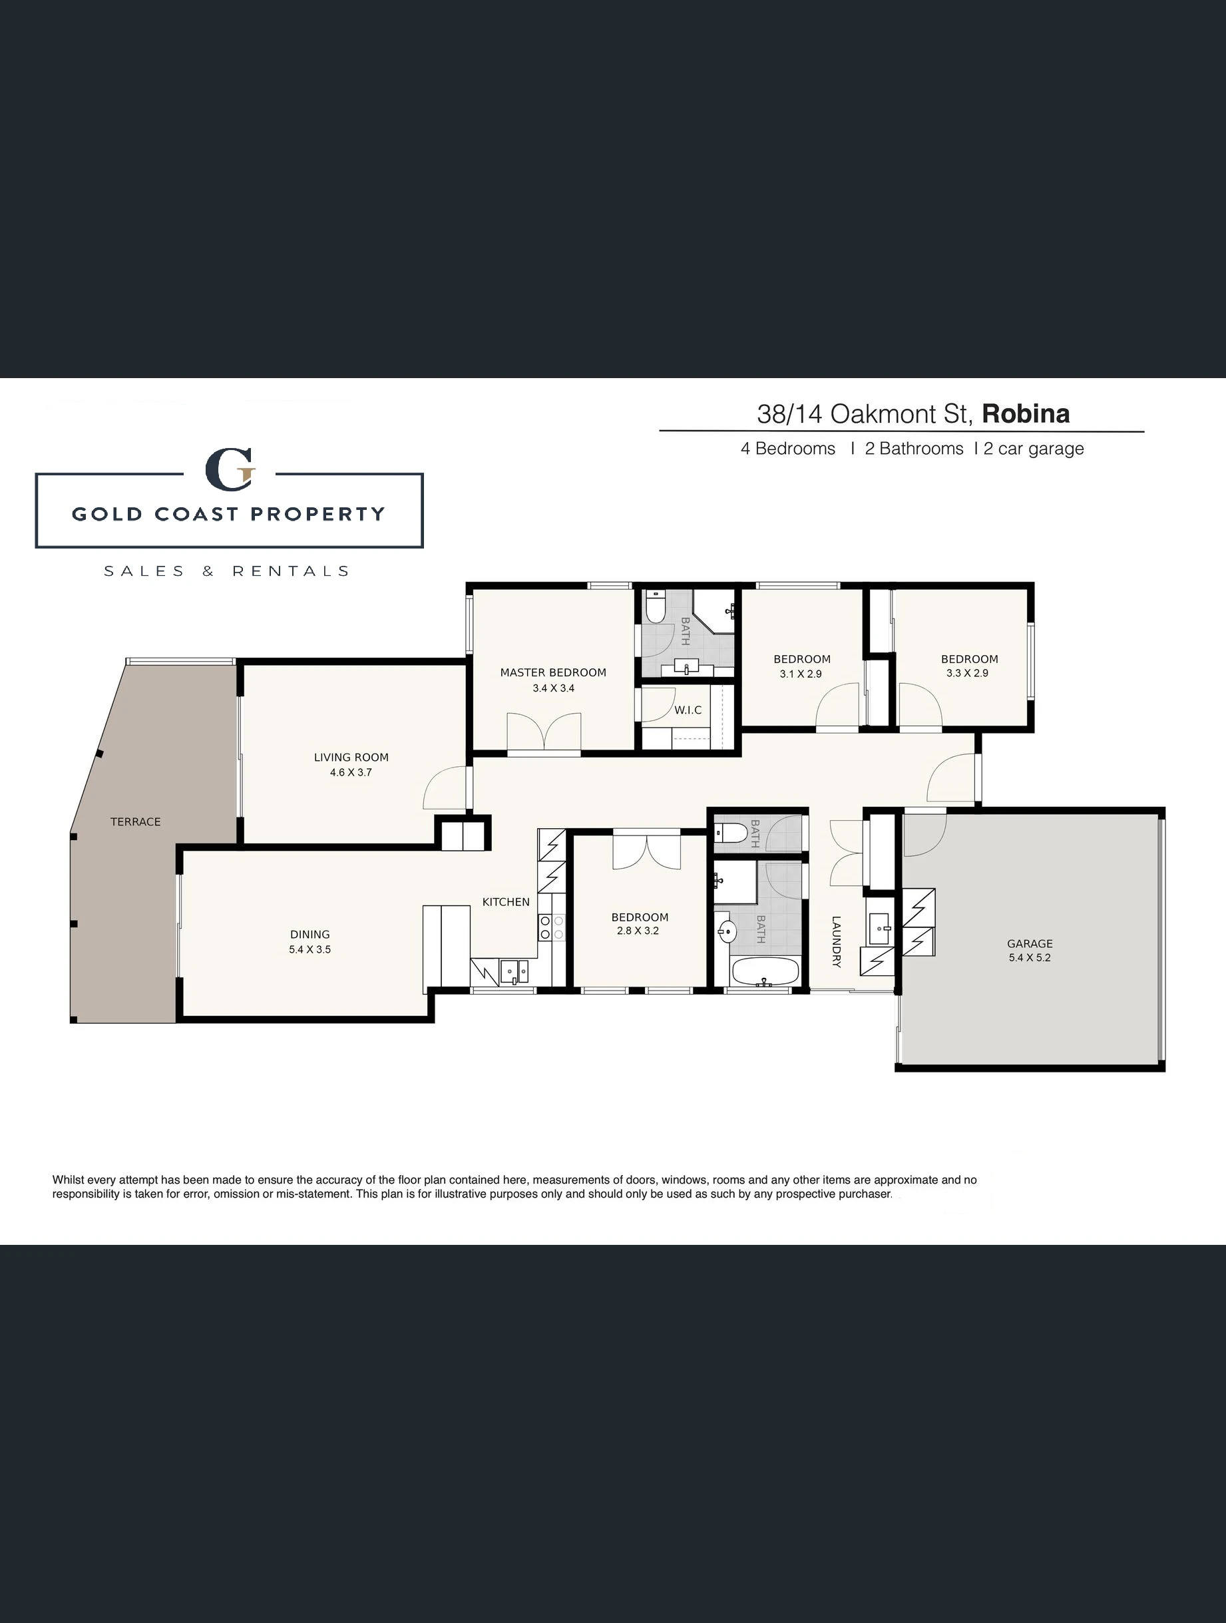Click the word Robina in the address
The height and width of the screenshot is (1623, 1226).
1026,414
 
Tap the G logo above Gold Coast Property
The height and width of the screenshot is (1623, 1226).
230,469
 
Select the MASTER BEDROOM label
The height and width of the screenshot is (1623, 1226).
553,672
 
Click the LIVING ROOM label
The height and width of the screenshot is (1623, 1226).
351,757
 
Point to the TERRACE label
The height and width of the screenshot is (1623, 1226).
136,821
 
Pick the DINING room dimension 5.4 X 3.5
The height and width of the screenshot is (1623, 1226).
309,949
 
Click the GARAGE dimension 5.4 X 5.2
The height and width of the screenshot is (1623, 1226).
1030,957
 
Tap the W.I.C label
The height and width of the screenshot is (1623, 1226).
688,710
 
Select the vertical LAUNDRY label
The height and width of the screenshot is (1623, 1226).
837,941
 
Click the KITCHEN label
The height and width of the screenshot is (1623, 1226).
506,902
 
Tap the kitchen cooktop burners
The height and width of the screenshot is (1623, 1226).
551,927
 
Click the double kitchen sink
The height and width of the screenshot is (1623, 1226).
514,971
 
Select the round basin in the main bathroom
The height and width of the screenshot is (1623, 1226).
726,932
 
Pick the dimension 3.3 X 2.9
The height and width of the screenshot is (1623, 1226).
967,673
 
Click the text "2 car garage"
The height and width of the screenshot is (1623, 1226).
1034,448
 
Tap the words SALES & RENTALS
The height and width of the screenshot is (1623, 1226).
227,571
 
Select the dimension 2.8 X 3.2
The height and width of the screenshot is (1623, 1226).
638,931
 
